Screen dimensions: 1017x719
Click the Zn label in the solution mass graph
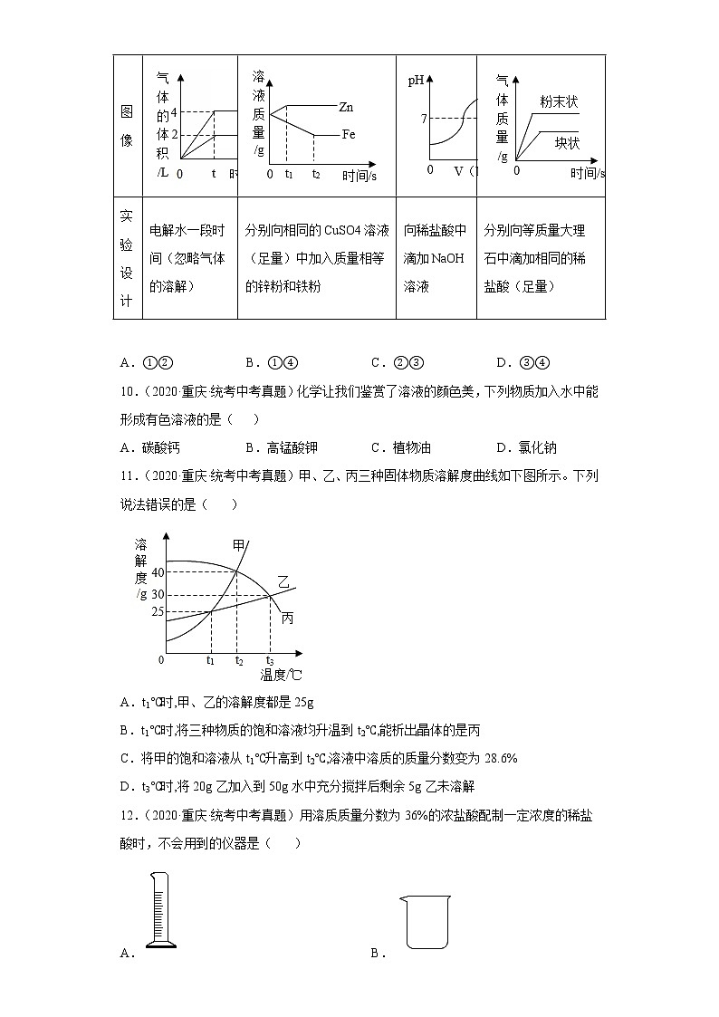(x=345, y=107)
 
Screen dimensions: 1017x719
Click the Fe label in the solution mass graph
(x=348, y=134)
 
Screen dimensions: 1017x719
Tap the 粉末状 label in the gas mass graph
(x=558, y=101)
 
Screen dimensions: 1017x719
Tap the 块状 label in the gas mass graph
(x=567, y=142)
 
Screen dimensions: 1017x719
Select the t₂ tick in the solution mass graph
(x=315, y=173)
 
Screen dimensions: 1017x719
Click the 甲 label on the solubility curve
(x=239, y=545)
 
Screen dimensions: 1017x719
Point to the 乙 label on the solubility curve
(x=283, y=587)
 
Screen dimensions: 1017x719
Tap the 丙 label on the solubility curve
(x=287, y=618)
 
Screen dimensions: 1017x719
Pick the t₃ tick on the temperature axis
(x=270, y=660)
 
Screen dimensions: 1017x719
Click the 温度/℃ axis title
(x=281, y=675)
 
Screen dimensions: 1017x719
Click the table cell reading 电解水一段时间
(x=190, y=258)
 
